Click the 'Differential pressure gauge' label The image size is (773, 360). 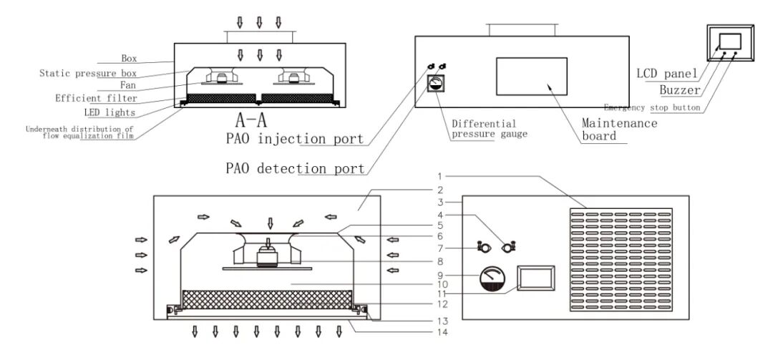tap(485, 129)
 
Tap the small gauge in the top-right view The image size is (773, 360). tap(433, 84)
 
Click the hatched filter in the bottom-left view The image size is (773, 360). tap(268, 299)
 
